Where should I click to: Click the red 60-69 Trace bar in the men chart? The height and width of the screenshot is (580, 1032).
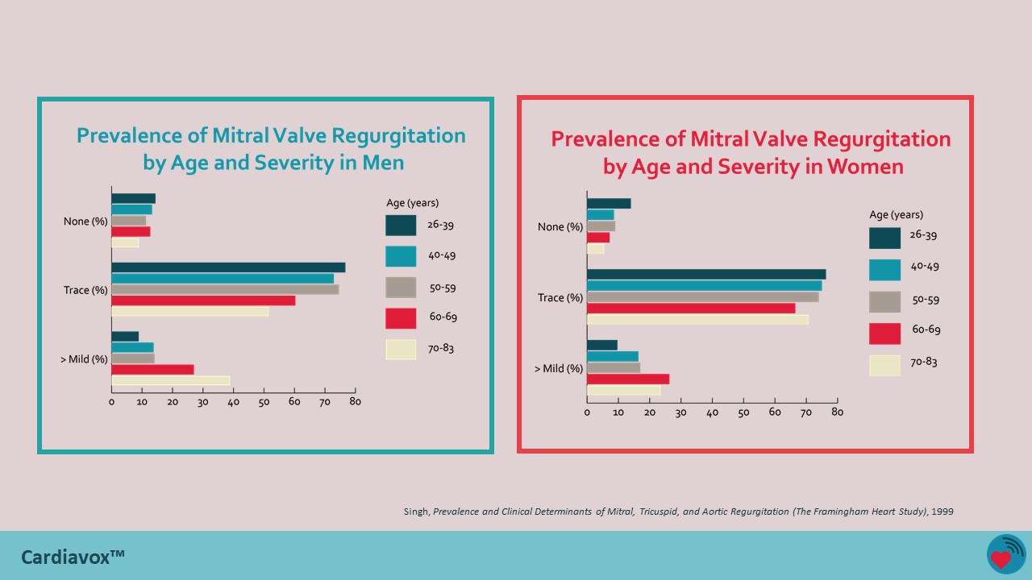click(x=203, y=300)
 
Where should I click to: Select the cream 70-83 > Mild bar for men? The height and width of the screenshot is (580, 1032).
click(x=171, y=380)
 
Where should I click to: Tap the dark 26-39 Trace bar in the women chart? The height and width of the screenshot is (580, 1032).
click(x=706, y=275)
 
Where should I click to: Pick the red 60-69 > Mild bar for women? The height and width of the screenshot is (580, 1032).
click(x=628, y=379)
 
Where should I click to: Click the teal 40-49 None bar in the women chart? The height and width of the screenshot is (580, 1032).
click(x=601, y=215)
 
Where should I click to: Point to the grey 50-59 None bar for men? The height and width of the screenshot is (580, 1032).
click(x=129, y=221)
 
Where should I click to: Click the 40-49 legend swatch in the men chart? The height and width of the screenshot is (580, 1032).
click(x=401, y=256)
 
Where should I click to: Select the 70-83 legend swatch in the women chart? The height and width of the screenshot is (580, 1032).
click(x=884, y=366)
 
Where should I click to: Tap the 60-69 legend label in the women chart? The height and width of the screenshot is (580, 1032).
click(x=926, y=329)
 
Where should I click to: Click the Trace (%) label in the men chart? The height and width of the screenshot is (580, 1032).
click(x=85, y=290)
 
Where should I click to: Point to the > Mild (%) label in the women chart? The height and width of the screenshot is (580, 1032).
click(x=559, y=369)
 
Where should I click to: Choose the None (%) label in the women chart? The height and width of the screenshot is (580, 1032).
click(x=560, y=227)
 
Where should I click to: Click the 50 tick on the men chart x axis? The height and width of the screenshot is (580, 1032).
click(x=264, y=402)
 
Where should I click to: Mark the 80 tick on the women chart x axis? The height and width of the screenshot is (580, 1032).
click(x=837, y=412)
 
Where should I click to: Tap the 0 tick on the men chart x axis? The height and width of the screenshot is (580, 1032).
click(x=112, y=402)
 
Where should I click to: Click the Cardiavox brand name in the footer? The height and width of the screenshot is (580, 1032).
click(x=73, y=557)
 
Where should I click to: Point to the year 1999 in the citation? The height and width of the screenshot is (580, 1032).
click(x=942, y=512)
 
